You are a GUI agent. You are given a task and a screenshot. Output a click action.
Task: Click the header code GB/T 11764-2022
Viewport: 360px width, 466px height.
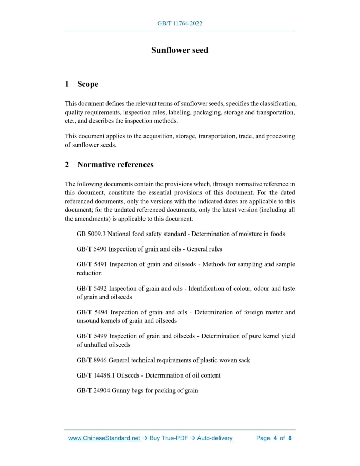point(179,24)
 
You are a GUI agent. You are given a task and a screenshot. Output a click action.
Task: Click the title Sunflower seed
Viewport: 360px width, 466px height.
point(179,50)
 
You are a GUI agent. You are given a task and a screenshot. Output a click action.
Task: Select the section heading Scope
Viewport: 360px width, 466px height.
point(87,84)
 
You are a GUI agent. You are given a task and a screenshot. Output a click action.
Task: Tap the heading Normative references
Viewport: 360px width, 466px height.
point(115,165)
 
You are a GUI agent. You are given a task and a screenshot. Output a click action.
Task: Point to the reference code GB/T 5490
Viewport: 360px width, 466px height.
point(92,249)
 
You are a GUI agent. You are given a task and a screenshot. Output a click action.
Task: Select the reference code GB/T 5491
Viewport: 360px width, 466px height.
point(92,265)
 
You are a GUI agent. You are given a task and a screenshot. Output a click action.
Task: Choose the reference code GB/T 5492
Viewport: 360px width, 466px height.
point(92,289)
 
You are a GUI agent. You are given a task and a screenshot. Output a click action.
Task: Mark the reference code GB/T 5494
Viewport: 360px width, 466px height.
point(92,312)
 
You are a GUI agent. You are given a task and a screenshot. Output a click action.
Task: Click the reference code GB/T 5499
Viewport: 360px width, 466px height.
point(92,336)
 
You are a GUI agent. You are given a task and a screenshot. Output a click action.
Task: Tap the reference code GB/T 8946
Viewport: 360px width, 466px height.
point(92,360)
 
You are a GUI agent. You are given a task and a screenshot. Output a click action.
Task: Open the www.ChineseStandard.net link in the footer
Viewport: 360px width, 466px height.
point(104,438)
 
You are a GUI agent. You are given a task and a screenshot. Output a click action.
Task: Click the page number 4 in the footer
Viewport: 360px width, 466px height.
point(275,438)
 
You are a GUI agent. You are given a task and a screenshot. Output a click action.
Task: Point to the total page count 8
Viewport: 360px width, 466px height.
point(290,438)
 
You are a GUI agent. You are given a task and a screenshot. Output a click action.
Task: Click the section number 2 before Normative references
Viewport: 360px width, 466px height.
point(67,165)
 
